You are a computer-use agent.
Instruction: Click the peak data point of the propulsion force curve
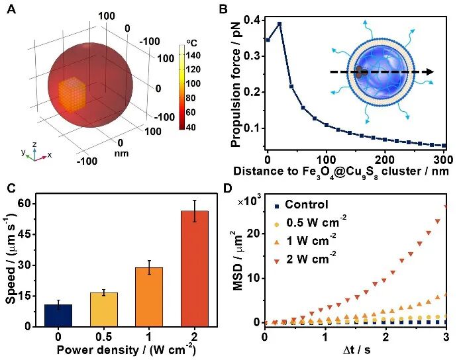click(280, 24)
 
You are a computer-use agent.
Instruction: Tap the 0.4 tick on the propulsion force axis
click(253, 18)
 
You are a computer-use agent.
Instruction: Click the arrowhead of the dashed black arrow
click(431, 72)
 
